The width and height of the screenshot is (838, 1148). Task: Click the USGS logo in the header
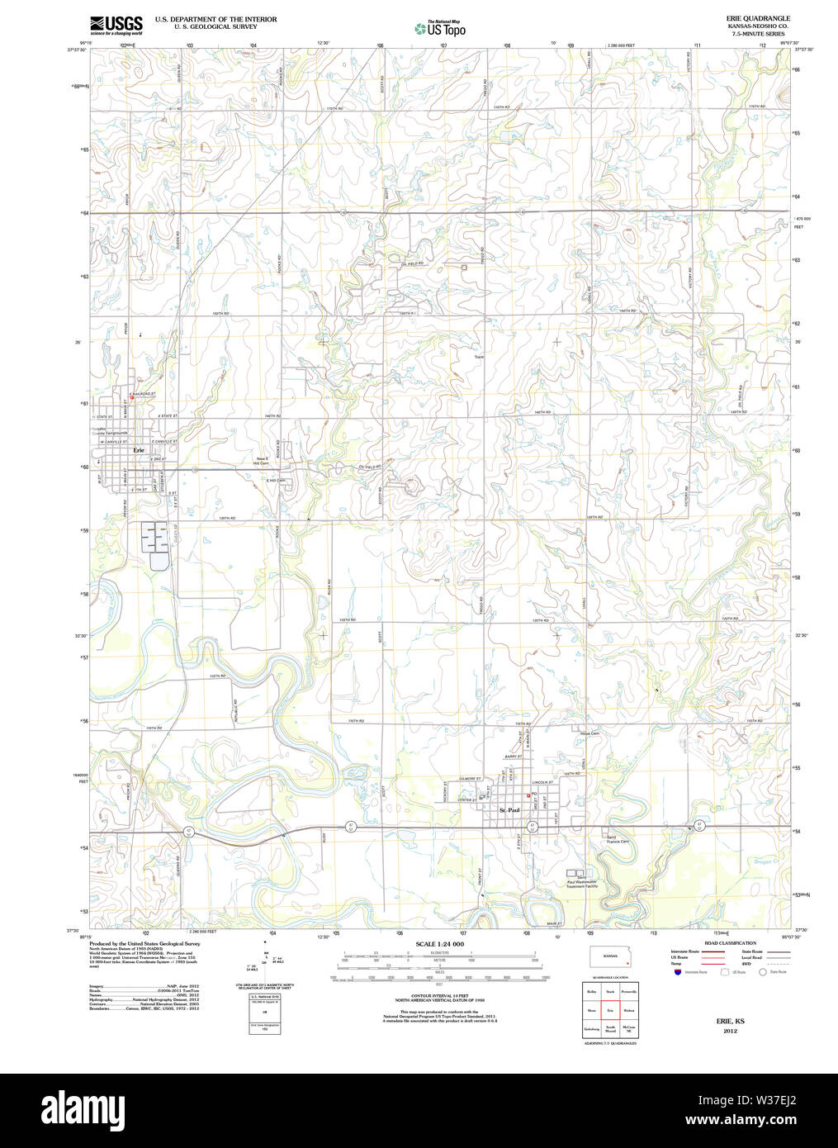(116, 24)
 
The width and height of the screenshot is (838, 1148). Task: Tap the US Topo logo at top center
(440, 29)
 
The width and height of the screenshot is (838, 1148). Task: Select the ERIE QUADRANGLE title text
(758, 18)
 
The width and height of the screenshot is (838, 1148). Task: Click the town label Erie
(139, 450)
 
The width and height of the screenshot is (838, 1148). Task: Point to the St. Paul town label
(509, 810)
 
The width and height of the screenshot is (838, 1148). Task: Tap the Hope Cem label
(589, 733)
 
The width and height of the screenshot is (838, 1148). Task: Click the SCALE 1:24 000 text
(439, 944)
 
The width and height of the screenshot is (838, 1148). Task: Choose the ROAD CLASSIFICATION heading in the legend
(730, 943)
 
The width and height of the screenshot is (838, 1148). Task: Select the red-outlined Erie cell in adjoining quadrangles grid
(610, 1010)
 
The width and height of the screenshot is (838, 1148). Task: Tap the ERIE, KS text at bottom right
(730, 1021)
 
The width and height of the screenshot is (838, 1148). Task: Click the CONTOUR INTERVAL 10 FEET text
(439, 996)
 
